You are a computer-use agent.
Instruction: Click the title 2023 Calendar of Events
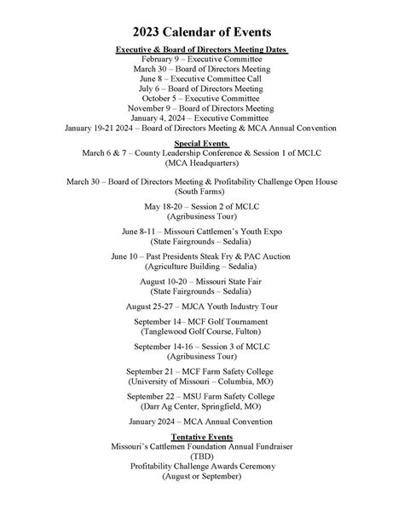tap(201, 29)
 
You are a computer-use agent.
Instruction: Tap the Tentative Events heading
tap(201, 437)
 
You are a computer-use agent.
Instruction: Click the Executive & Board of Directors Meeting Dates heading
tap(201, 50)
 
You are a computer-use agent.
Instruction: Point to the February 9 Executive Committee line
tap(201, 60)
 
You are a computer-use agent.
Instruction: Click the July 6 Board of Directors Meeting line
tap(201, 89)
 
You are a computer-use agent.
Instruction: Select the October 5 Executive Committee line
tap(201, 99)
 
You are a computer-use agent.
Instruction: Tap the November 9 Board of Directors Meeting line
tap(201, 108)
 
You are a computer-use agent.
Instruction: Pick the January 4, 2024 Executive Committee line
tap(201, 118)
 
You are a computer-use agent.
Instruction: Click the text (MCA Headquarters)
tap(201, 163)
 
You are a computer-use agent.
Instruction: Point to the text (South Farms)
tap(201, 192)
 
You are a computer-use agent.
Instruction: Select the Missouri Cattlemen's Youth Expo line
tap(201, 232)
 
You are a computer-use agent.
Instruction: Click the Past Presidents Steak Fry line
tap(201, 256)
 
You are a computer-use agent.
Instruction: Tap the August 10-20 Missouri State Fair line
tap(201, 280)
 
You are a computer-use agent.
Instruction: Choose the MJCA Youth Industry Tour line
tap(201, 306)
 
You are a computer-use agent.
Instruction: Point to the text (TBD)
tap(201, 456)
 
